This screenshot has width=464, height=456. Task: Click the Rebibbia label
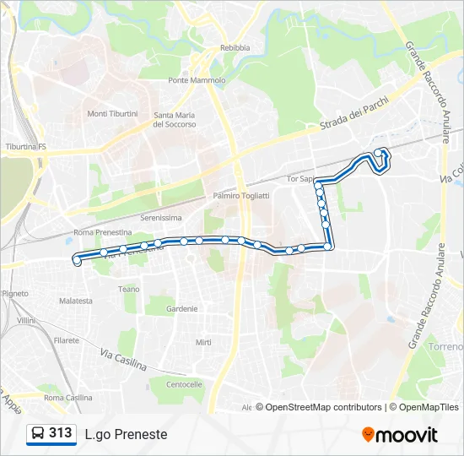[235, 48]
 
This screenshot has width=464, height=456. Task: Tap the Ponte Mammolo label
[197, 81]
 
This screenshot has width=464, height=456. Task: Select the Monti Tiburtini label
[112, 114]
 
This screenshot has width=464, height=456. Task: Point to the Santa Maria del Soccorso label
[175, 120]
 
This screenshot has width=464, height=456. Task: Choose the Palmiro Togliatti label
[241, 196]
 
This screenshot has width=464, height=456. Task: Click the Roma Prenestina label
[103, 232]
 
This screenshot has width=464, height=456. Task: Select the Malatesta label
[76, 301]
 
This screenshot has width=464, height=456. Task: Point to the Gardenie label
[181, 309]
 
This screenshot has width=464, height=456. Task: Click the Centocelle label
[184, 384]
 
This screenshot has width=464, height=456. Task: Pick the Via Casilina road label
[123, 361]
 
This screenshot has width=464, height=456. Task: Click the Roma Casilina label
[68, 398]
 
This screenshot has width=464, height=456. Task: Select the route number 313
[60, 433]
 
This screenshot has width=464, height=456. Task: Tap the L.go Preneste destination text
[126, 434]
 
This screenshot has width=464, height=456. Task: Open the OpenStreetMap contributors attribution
[323, 407]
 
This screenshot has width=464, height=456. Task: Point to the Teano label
[129, 289]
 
